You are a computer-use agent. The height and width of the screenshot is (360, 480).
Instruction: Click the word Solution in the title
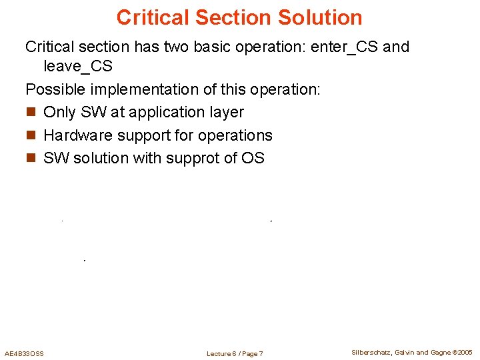[x=317, y=17]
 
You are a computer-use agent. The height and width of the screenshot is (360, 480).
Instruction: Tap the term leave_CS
[x=78, y=66]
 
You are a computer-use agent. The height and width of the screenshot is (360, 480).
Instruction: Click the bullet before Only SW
[x=30, y=113]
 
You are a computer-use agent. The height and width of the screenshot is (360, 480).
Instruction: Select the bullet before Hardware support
[x=30, y=135]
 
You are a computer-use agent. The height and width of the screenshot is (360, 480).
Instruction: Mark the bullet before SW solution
[x=30, y=158]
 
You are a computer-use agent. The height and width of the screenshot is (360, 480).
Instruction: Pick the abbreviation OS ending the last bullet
[x=254, y=158]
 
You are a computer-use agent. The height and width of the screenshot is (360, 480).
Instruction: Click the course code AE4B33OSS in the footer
[x=24, y=353]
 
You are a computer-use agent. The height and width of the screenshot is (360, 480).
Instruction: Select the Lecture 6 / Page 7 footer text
[x=235, y=353]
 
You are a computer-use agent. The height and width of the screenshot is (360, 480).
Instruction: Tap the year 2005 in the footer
[x=464, y=352]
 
